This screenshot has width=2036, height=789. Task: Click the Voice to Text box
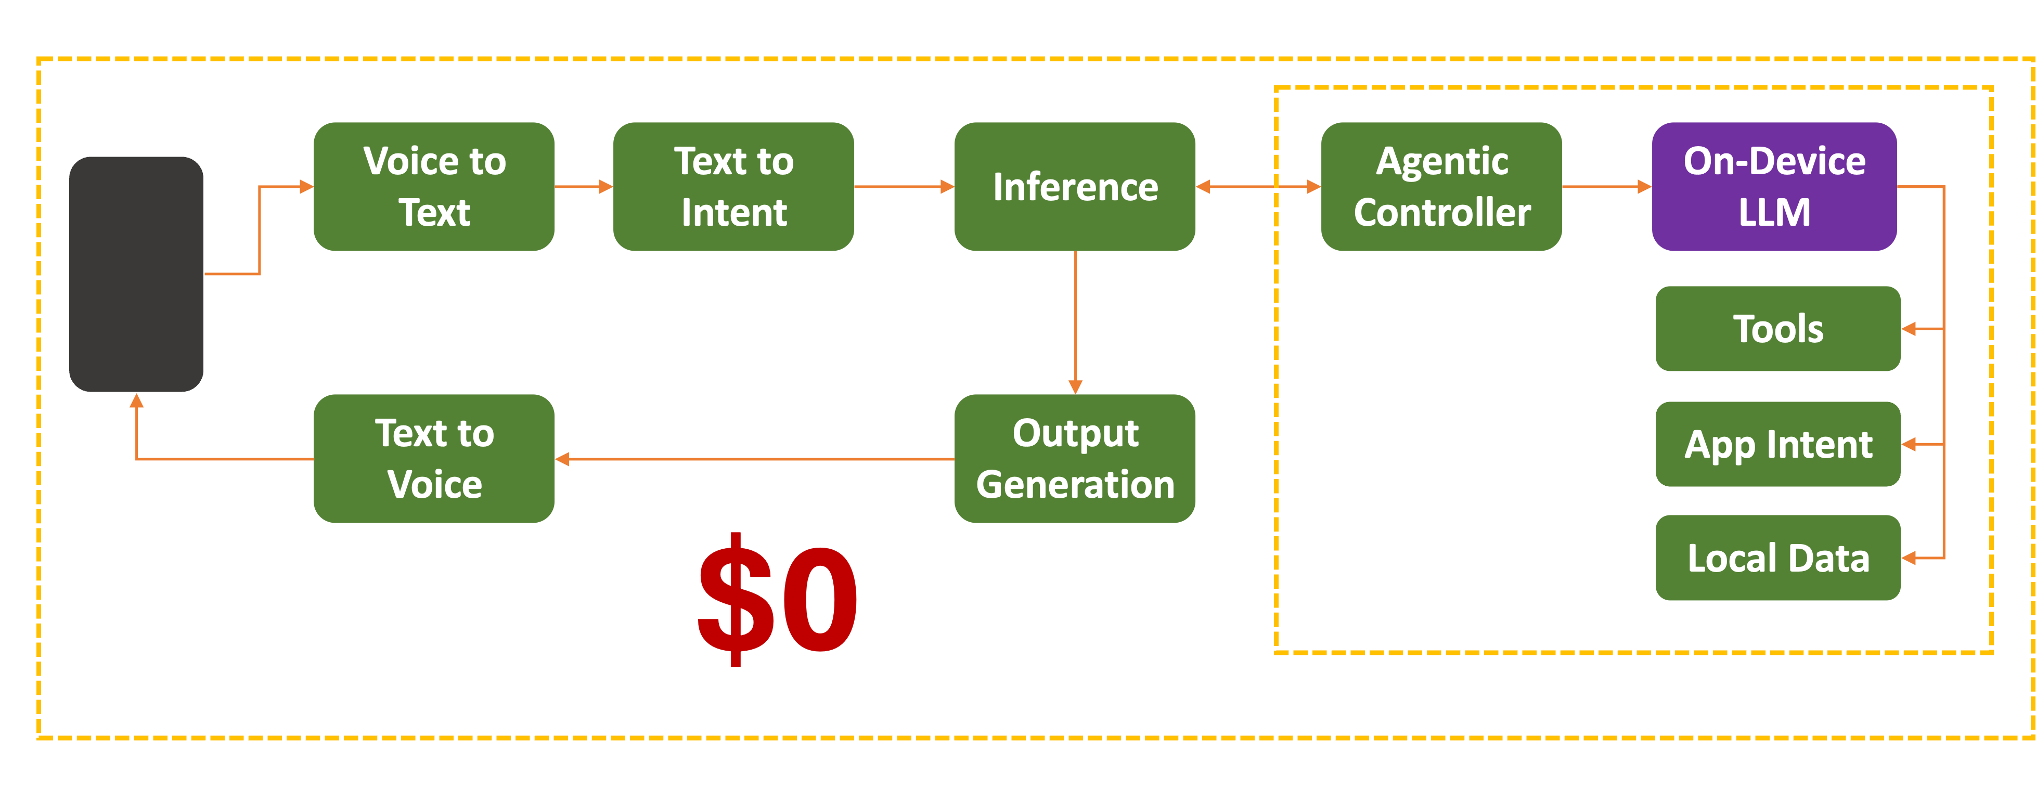434,187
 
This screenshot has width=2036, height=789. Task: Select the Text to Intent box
733,187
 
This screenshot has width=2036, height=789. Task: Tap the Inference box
1075,187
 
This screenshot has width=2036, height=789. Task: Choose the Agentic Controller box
1441,187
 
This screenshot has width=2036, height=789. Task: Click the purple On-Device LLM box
1774,187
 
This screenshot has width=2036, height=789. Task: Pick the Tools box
1777,328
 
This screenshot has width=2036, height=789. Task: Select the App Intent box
1777,444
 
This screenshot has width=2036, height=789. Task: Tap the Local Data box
1777,558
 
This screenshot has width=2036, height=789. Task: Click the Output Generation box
1075,459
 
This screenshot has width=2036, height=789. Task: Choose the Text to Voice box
434,459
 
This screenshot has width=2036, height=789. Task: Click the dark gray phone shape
136,274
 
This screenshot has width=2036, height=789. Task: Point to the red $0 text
777,599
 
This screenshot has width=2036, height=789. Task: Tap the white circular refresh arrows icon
1435,368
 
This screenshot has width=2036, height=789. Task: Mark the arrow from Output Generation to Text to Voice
755,459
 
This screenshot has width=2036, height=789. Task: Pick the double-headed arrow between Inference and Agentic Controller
1258,187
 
